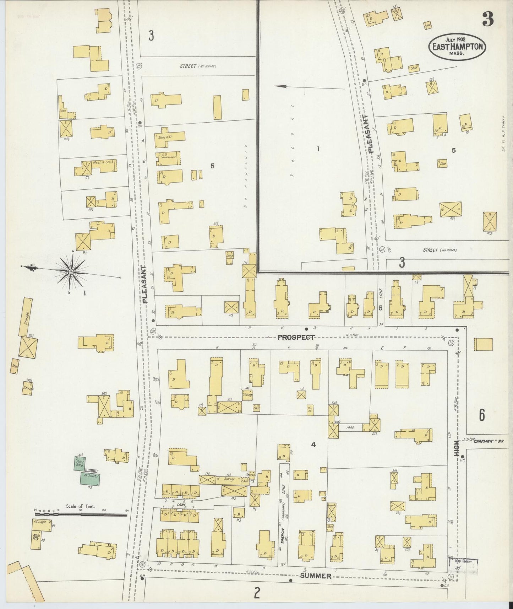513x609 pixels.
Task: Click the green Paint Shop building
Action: (x=80, y=463)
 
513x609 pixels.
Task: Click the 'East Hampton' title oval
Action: (x=457, y=47)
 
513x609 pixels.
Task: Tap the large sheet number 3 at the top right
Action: (x=488, y=21)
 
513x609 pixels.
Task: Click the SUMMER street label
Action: (x=315, y=576)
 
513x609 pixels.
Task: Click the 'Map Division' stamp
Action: (x=460, y=561)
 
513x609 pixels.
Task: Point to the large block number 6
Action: (x=482, y=415)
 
